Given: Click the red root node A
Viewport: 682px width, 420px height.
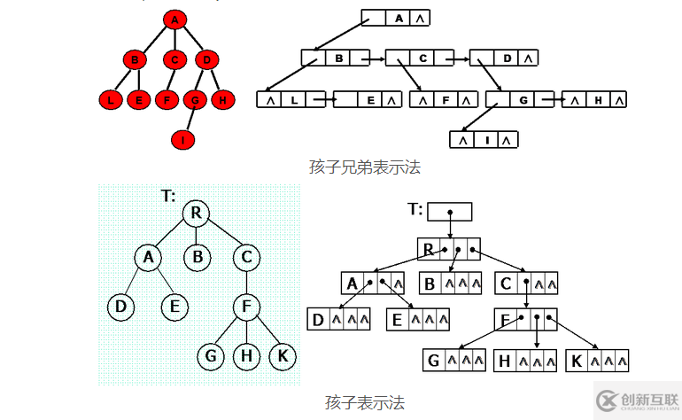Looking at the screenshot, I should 174,19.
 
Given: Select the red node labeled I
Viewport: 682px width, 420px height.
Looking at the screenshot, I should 182,139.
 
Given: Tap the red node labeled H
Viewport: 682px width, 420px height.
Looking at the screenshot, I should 222,99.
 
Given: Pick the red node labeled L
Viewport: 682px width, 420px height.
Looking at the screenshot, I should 110,99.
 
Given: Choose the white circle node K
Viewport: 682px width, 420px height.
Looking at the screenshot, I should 283,356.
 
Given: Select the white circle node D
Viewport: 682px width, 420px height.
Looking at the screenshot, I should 120,307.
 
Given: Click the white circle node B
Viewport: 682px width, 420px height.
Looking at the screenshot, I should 198,258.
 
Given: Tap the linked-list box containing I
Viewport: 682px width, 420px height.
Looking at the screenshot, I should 484,139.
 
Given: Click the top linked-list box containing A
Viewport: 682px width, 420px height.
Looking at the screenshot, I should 396,18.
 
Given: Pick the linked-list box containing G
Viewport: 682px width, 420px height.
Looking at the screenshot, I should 522,99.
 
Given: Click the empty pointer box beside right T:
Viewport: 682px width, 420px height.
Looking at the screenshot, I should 450,212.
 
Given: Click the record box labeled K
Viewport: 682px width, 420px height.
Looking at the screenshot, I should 597,361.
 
